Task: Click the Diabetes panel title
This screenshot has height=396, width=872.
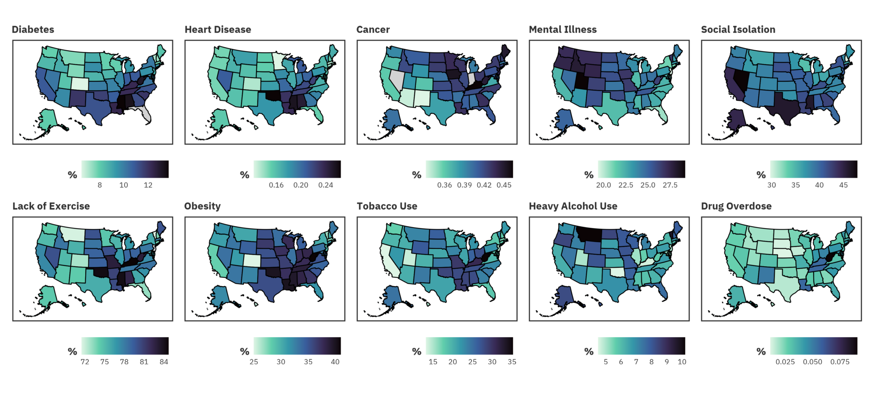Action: pyautogui.click(x=33, y=29)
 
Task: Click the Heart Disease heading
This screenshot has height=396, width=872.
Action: pyautogui.click(x=218, y=29)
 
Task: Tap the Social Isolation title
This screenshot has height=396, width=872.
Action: pyautogui.click(x=738, y=29)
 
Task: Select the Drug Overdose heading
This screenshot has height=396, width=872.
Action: pyautogui.click(x=736, y=206)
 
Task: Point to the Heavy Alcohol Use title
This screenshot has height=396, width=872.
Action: pyautogui.click(x=573, y=206)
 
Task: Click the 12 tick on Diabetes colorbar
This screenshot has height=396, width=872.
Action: pyautogui.click(x=148, y=185)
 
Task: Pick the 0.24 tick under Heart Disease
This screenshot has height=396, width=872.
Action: pyautogui.click(x=325, y=185)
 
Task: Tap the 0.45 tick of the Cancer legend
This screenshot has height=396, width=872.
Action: pyautogui.click(x=504, y=185)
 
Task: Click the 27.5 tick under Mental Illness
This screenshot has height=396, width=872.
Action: pyautogui.click(x=670, y=185)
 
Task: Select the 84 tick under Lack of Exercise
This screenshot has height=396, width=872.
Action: pyautogui.click(x=164, y=362)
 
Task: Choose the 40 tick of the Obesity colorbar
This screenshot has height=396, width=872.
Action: pyautogui.click(x=335, y=362)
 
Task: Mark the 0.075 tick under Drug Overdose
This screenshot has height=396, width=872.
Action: pyautogui.click(x=840, y=362)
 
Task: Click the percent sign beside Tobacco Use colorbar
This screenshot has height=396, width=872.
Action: pyautogui.click(x=416, y=351)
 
